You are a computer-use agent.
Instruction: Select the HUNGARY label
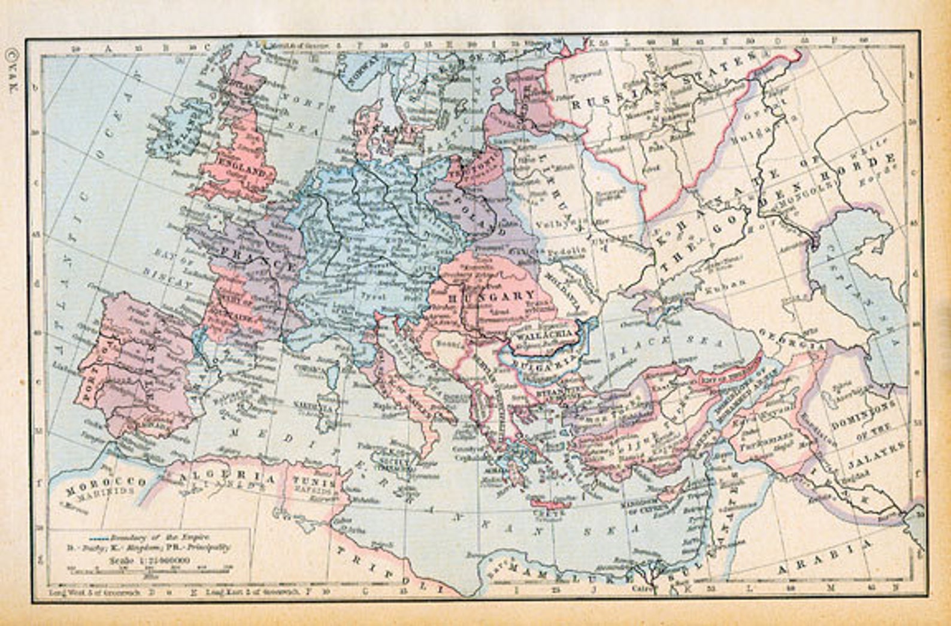point(491,295)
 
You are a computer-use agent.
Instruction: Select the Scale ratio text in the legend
point(150,560)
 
